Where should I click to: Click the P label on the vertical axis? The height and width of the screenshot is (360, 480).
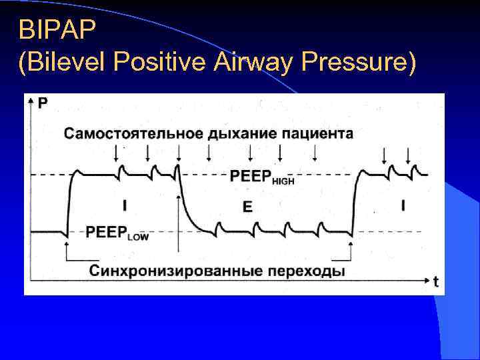[x=43, y=103]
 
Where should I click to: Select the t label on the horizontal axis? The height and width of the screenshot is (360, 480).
[x=435, y=282]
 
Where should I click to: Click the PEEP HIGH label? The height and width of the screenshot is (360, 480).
[x=261, y=177]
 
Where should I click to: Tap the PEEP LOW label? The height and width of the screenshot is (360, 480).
[x=117, y=233]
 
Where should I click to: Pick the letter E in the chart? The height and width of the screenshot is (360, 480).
[x=247, y=207]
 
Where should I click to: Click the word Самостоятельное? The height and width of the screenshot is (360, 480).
[x=133, y=133]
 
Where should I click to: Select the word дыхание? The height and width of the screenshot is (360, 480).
[x=240, y=133]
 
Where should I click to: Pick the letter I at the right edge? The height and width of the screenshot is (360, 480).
[x=403, y=206]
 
